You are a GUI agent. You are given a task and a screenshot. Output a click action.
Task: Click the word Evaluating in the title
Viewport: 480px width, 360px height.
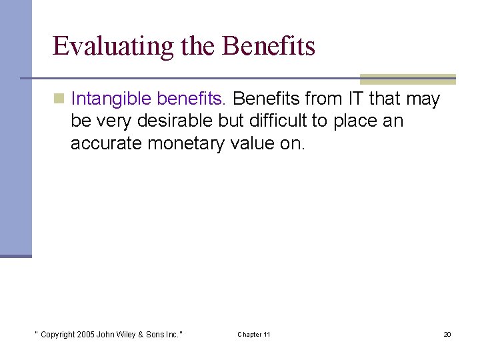click(100, 47)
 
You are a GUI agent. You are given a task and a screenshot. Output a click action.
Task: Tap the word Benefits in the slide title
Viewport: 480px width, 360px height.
click(269, 46)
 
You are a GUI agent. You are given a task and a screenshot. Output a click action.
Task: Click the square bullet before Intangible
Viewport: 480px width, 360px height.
click(59, 99)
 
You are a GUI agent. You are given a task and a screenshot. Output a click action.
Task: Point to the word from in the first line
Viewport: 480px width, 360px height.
click(323, 99)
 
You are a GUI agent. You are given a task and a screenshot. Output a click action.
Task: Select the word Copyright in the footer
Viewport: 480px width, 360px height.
click(56, 334)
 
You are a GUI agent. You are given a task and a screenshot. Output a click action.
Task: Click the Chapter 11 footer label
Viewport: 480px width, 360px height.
click(253, 334)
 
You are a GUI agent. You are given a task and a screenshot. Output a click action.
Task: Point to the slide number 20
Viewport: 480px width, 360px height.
click(447, 334)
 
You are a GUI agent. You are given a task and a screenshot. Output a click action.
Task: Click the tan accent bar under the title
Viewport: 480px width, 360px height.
click(407, 79)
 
